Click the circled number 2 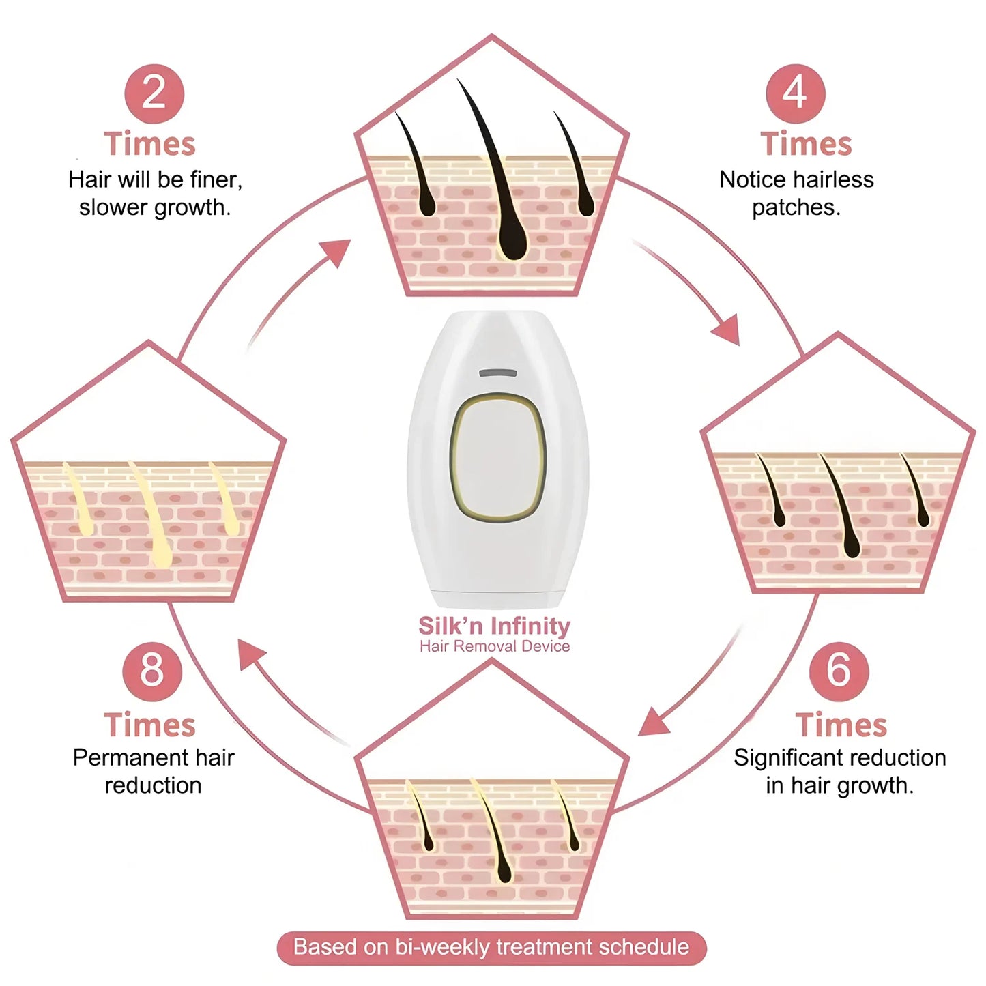click(154, 93)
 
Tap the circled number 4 click(795, 93)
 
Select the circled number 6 click(839, 671)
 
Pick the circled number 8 click(152, 671)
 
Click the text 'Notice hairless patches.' click(796, 193)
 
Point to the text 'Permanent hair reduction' click(154, 771)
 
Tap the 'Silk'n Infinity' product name click(494, 626)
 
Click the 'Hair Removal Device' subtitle click(494, 646)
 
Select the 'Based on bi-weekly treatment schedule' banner click(491, 947)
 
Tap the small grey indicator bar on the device click(497, 373)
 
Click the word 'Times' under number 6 click(841, 725)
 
